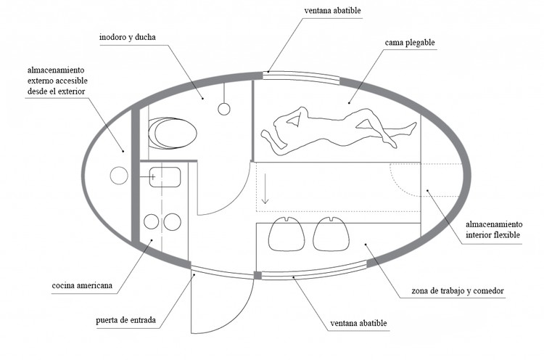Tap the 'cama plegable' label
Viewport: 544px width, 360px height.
click(410, 43)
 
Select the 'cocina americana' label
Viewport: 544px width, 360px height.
click(82, 285)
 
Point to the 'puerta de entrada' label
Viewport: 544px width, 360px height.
click(128, 319)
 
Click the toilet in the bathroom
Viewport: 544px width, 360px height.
click(172, 133)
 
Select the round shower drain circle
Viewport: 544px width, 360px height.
click(224, 109)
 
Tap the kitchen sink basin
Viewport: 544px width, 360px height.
click(165, 177)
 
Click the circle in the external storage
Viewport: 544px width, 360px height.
click(119, 176)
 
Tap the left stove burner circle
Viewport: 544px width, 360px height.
click(152, 221)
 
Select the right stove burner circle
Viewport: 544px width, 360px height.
click(173, 221)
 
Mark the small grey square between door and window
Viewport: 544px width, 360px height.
click(257, 274)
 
